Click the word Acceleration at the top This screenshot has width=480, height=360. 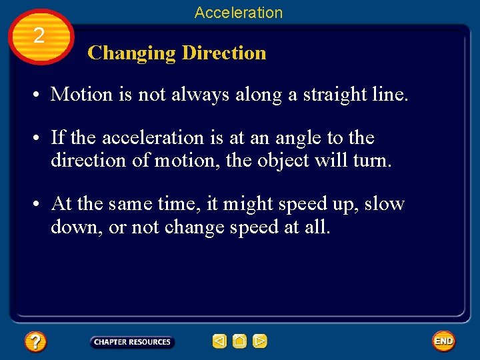tap(239, 12)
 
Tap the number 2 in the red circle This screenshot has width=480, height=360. tap(39, 36)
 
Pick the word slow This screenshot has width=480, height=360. tap(385, 203)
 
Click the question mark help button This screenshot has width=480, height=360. tap(35, 342)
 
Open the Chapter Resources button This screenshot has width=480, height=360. tap(132, 342)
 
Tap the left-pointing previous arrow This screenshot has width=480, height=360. tap(219, 342)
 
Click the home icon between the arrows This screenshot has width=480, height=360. tap(239, 342)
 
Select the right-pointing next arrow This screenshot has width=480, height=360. tap(260, 342)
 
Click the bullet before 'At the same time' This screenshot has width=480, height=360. tap(38, 204)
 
